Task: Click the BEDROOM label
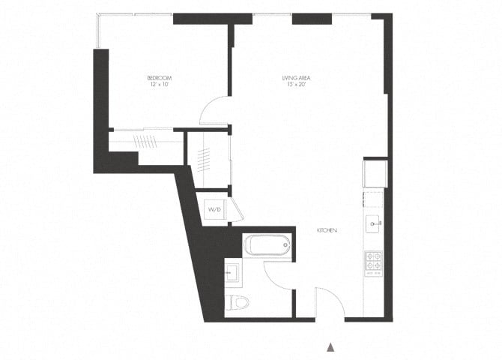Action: click(x=159, y=78)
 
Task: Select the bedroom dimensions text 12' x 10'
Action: click(x=159, y=85)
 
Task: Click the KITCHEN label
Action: click(x=325, y=231)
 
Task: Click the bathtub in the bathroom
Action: click(x=267, y=244)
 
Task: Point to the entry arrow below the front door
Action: click(x=329, y=347)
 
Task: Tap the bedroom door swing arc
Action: click(x=214, y=112)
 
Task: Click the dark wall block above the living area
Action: click(x=312, y=18)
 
